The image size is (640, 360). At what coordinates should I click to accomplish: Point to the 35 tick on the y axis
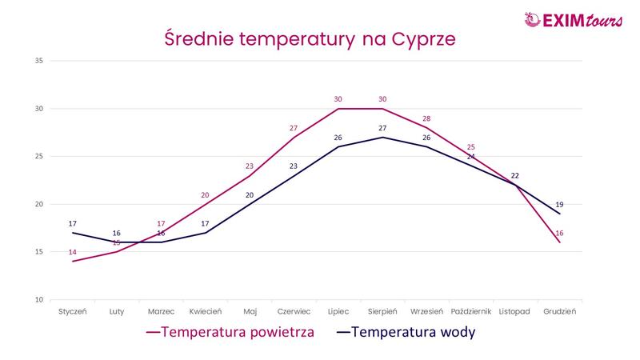pyautogui.click(x=38, y=61)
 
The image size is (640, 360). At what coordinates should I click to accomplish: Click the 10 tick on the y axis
pyautogui.click(x=38, y=300)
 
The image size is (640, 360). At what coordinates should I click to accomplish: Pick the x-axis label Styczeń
pyautogui.click(x=72, y=311)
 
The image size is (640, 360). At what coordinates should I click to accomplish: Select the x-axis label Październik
pyautogui.click(x=471, y=311)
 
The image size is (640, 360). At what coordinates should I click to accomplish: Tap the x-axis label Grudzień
pyautogui.click(x=559, y=311)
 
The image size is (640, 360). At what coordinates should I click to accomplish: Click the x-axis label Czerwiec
pyautogui.click(x=294, y=311)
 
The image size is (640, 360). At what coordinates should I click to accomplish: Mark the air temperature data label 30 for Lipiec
pyautogui.click(x=338, y=99)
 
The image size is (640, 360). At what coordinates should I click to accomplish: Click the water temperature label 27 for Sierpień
pyautogui.click(x=382, y=128)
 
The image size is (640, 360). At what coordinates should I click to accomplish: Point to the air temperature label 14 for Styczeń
pyautogui.click(x=72, y=252)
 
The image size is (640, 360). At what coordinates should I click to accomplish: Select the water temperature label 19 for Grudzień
pyautogui.click(x=559, y=204)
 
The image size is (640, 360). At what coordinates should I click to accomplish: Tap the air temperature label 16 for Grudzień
pyautogui.click(x=559, y=233)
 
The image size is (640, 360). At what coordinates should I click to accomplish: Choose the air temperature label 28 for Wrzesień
pyautogui.click(x=426, y=118)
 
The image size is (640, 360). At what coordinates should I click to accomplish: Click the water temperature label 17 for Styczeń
pyautogui.click(x=72, y=223)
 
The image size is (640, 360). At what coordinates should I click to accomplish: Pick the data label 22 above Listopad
pyautogui.click(x=515, y=175)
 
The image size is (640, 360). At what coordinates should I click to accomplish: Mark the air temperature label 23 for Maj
pyautogui.click(x=250, y=166)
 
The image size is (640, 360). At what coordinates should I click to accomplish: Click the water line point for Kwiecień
pyautogui.click(x=205, y=233)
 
